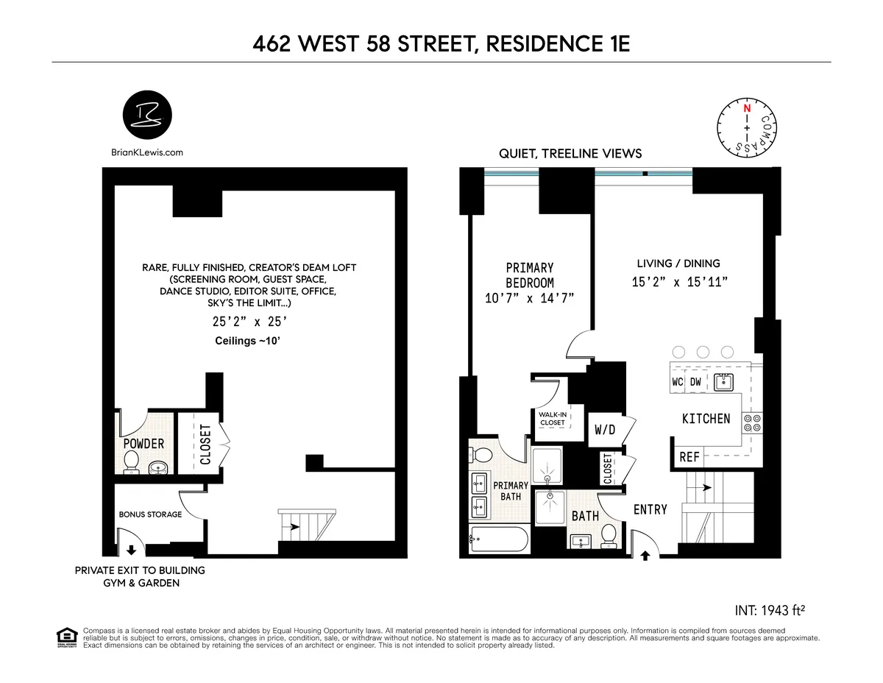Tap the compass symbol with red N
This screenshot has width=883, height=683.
[x=747, y=127]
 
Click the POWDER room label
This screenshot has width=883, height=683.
[x=143, y=444]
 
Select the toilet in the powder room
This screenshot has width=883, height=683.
[x=132, y=461]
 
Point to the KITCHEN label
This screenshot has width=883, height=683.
[x=706, y=418]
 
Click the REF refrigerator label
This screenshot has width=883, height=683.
[x=689, y=457]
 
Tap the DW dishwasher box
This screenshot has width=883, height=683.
[x=696, y=382]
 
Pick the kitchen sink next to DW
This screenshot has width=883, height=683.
[x=723, y=381]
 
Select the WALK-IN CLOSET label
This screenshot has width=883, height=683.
[x=553, y=418]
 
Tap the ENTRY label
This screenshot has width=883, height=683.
[x=650, y=509]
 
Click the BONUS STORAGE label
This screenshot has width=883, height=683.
[x=150, y=514]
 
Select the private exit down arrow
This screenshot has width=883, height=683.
[x=132, y=549]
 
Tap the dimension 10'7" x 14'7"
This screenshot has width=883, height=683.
[x=530, y=298]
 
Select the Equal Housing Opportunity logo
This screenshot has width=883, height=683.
[x=67, y=637]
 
